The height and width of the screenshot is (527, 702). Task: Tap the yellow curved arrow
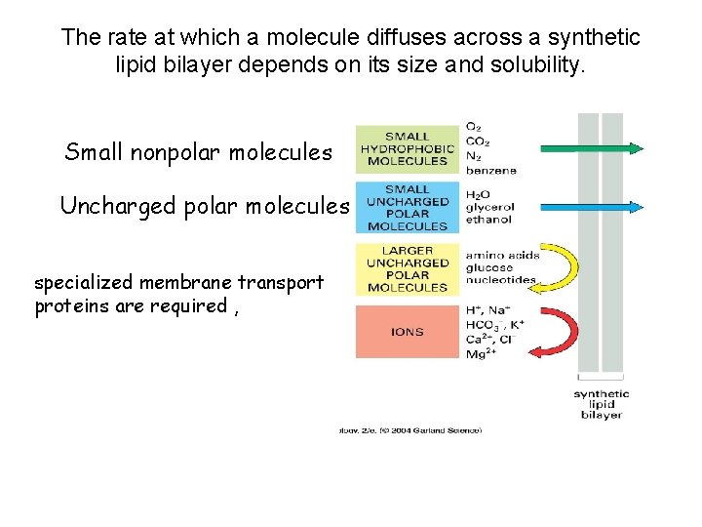(x=564, y=268)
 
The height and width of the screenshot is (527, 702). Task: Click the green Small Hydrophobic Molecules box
(x=408, y=149)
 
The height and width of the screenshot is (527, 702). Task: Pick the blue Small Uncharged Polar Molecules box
(x=408, y=207)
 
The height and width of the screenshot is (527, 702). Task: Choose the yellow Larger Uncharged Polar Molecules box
(x=408, y=269)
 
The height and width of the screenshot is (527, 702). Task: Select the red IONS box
(x=408, y=332)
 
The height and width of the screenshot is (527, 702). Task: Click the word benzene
(x=491, y=170)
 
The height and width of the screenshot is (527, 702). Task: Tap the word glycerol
(x=490, y=207)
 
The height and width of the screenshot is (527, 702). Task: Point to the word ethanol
(x=488, y=220)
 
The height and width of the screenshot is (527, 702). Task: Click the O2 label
(x=474, y=127)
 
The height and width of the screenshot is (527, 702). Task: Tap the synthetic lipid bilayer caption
(x=601, y=404)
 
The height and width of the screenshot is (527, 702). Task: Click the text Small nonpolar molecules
(x=198, y=152)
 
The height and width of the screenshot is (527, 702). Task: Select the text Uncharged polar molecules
(x=204, y=206)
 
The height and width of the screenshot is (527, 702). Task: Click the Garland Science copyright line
(x=409, y=429)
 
